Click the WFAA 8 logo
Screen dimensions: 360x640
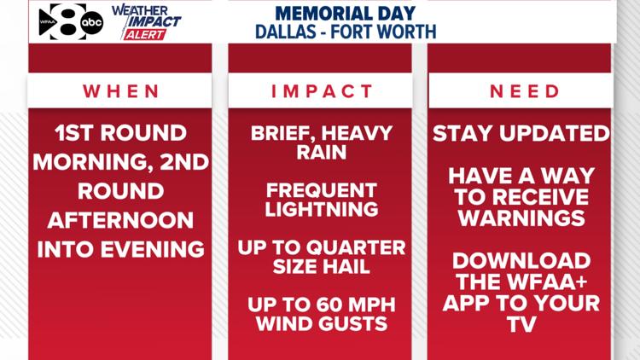[60, 21]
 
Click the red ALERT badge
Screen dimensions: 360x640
[144, 34]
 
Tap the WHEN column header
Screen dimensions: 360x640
[120, 91]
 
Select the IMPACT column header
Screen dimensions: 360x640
[322, 91]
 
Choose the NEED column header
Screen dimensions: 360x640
[520, 91]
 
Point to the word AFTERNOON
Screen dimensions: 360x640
[120, 219]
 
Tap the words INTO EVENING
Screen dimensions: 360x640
[120, 248]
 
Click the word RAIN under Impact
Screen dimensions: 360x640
[322, 153]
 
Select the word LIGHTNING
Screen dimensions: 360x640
[322, 210]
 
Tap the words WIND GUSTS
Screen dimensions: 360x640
[322, 323]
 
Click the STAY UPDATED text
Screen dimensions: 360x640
[521, 133]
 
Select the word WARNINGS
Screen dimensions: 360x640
[521, 218]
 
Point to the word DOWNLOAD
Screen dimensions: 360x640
[521, 260]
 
